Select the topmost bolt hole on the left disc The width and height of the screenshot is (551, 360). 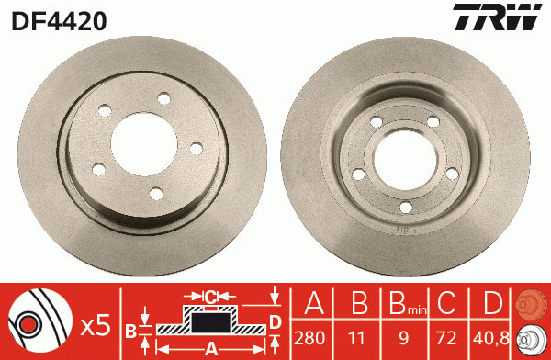tap(163, 98)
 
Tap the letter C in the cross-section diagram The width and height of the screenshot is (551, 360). tap(209, 296)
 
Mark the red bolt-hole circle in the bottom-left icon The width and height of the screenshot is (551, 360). tap(28, 322)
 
